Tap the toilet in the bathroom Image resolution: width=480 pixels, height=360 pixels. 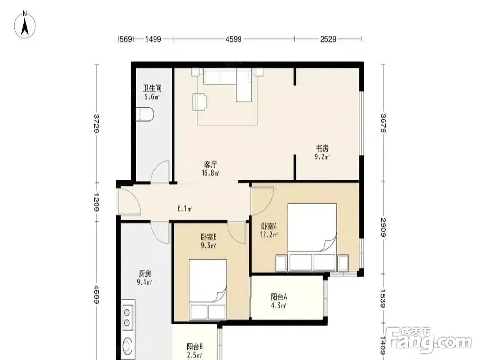144,114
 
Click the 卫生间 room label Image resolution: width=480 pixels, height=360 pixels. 152,88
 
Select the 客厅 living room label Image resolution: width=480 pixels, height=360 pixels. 211,164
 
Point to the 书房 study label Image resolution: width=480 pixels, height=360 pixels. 323,149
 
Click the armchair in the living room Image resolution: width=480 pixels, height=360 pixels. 200,102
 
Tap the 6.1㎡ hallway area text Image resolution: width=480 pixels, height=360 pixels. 185,209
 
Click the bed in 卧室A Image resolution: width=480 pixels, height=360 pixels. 312,237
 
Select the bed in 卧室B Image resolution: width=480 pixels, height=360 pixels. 208,290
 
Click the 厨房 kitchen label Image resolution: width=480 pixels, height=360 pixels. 145,274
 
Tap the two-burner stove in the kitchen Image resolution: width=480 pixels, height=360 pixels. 128,315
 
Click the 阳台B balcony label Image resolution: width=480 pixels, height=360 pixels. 195,347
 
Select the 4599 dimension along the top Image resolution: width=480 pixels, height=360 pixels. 234,39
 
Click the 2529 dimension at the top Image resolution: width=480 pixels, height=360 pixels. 328,39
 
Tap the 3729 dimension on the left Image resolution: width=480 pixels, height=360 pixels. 97,123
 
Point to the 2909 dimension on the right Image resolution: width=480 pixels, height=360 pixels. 383,228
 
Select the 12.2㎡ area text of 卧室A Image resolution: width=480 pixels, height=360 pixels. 269,235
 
